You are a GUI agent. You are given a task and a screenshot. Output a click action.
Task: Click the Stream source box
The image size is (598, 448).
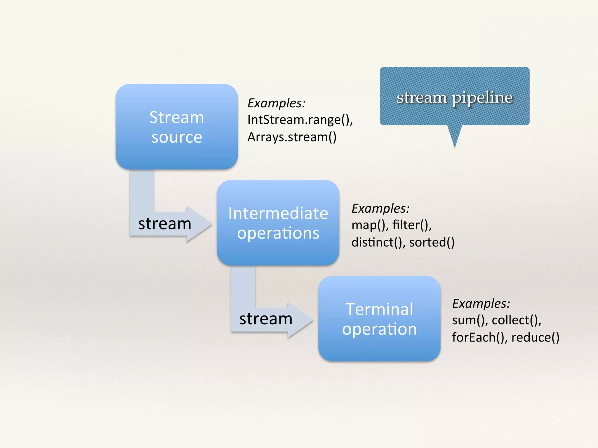177,127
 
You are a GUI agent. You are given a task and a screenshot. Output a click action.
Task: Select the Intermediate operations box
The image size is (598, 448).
278,223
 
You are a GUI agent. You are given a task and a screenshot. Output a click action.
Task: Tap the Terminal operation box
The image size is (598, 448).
379,318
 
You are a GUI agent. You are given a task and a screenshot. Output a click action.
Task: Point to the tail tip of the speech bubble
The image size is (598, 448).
455,146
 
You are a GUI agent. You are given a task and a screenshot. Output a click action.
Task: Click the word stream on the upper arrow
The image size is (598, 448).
165,224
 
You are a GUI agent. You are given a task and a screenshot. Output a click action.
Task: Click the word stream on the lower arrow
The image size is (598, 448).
266,319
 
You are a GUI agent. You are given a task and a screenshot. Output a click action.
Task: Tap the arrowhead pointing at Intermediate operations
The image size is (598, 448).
200,224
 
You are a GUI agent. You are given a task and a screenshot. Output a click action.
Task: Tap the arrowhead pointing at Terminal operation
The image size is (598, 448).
301,320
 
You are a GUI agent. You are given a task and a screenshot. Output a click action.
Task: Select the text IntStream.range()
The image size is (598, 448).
300,120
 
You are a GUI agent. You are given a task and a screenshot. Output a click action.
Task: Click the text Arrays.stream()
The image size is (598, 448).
292,137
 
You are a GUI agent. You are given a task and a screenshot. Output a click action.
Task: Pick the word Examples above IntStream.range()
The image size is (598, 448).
276,103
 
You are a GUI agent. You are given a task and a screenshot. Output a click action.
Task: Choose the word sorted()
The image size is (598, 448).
432,242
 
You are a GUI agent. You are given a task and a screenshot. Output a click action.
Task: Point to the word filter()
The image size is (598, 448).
412,225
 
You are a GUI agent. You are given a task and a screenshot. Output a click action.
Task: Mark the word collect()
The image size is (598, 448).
516,320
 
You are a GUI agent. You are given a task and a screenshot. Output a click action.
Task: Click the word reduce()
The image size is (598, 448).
535,337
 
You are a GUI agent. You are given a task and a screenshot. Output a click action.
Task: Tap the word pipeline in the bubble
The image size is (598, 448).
482,98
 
